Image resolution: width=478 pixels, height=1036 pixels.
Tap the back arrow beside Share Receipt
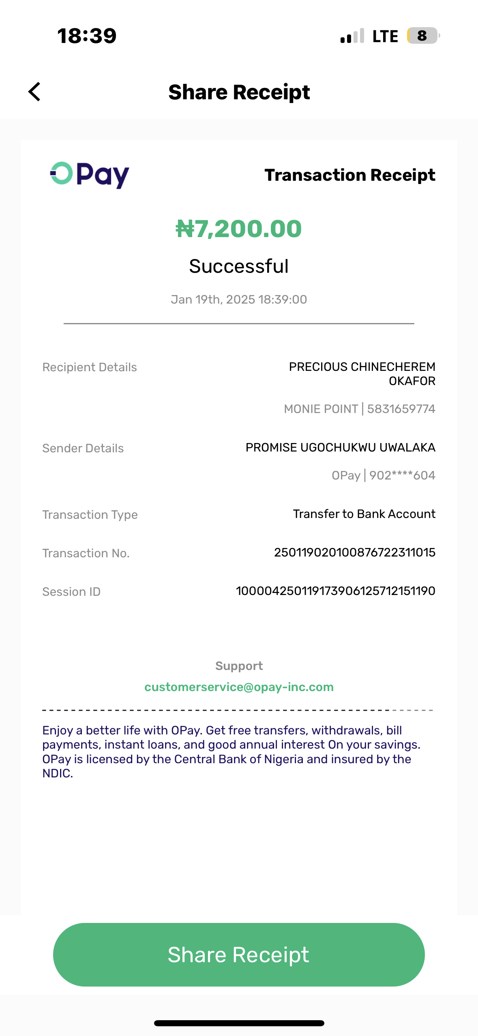click(35, 92)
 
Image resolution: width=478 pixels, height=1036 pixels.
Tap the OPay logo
click(90, 175)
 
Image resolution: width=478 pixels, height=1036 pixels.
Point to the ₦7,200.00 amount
click(239, 229)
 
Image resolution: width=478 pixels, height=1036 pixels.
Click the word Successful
click(239, 266)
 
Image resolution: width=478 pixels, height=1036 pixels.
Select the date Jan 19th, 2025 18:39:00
click(239, 300)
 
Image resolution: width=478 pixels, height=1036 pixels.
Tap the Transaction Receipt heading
click(349, 175)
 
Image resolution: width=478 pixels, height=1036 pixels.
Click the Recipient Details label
click(90, 367)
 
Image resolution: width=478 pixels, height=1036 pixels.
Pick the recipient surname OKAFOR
click(412, 381)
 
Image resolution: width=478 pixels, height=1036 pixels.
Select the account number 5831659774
click(401, 409)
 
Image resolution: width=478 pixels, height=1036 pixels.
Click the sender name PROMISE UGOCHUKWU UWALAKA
click(340, 447)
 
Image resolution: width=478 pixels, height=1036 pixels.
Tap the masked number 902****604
click(402, 475)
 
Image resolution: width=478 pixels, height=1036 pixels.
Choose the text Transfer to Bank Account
click(364, 514)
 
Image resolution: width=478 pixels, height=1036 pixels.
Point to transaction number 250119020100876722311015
click(355, 552)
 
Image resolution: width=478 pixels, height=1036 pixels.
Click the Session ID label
click(71, 592)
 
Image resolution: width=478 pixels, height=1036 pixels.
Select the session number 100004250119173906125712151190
click(336, 591)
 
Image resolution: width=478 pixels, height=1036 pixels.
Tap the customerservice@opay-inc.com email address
click(239, 687)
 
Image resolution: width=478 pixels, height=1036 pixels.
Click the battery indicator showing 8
click(422, 36)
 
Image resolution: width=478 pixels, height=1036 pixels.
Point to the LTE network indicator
click(385, 36)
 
